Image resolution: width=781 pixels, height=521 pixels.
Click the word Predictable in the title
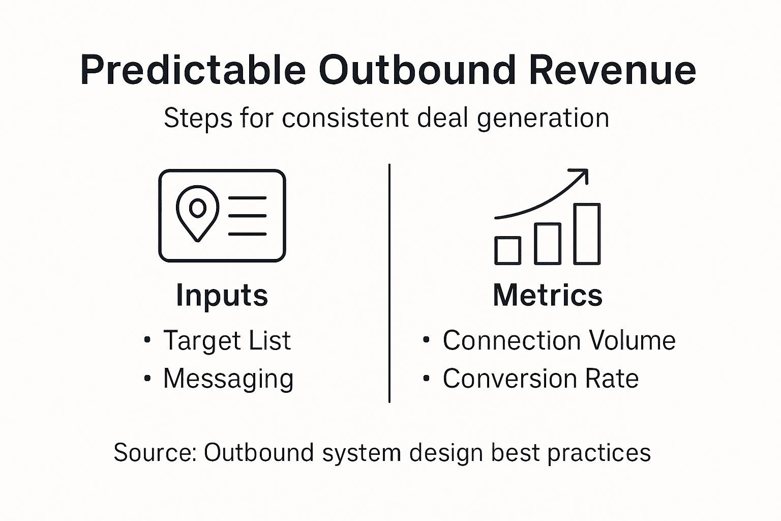pos(193,70)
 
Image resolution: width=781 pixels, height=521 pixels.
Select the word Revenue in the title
pos(612,70)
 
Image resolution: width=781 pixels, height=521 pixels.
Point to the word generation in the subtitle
pos(543,119)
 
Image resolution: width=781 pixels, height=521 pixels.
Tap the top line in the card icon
pos(247,197)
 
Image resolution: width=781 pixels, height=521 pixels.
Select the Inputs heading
pos(222,295)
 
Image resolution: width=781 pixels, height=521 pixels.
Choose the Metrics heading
pos(548,295)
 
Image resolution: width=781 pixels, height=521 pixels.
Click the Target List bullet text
pos(227,340)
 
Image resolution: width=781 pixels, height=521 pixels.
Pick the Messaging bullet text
pos(228,379)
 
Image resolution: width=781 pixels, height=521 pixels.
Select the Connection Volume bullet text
pos(559,340)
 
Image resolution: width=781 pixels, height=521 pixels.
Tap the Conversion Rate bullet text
pos(540,379)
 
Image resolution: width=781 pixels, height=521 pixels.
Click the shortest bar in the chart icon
pos(507,250)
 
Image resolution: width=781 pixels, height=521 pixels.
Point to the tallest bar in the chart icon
pos(587,234)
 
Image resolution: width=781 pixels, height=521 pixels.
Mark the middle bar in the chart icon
pos(548,244)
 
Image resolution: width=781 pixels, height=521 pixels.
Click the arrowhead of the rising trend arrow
pos(583,174)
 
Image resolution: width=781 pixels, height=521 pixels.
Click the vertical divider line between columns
pos(389,283)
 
